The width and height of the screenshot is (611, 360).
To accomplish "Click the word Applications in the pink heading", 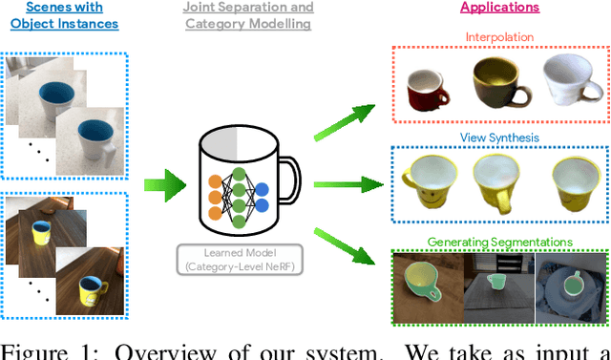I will click(499, 8).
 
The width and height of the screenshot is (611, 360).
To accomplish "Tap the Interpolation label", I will click(499, 36).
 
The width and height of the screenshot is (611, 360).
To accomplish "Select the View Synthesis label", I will click(499, 138).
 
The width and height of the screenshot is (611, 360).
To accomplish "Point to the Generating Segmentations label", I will click(499, 242).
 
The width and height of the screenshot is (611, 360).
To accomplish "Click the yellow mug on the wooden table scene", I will click(40, 232).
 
